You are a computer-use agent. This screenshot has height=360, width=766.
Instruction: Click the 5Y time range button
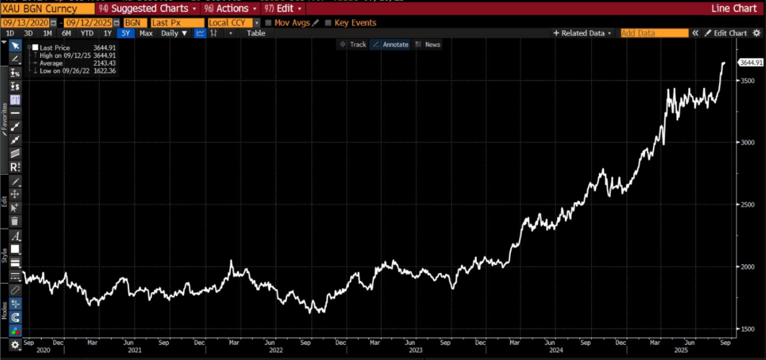click(125, 33)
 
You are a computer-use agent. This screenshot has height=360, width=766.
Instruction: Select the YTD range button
click(87, 33)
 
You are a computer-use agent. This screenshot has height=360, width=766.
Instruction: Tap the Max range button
click(146, 33)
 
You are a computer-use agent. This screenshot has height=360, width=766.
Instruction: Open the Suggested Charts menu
click(149, 9)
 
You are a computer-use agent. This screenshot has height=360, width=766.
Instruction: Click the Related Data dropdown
click(582, 33)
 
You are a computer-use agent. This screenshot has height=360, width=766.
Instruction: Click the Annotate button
click(391, 45)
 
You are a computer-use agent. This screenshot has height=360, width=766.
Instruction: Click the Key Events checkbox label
click(355, 23)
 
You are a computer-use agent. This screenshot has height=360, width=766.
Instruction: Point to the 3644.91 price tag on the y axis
click(751, 63)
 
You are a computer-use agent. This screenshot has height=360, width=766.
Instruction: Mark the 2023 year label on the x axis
click(415, 350)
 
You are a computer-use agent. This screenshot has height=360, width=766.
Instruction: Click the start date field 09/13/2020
click(25, 23)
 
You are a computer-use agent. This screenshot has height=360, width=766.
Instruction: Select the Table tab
click(256, 33)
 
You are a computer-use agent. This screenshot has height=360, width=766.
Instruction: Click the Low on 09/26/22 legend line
click(68, 71)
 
